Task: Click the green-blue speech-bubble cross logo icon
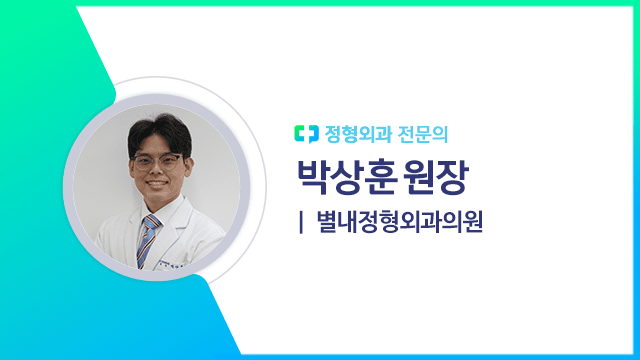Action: [x=305, y=132]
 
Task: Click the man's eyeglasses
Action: [x=156, y=160]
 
